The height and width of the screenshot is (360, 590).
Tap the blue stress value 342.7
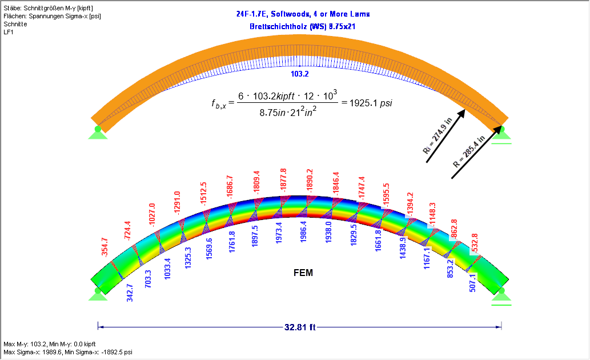pyautogui.click(x=130, y=292)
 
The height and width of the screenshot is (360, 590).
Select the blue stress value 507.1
pyautogui.click(x=472, y=283)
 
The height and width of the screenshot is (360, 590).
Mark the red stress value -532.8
pyautogui.click(x=473, y=243)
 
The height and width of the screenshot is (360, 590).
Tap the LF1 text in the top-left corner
pyautogui.click(x=9, y=32)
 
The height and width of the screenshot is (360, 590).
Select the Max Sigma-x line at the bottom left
pyautogui.click(x=68, y=353)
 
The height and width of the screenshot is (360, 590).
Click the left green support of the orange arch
pyautogui.click(x=98, y=132)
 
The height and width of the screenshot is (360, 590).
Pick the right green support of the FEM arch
pyautogui.click(x=501, y=294)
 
